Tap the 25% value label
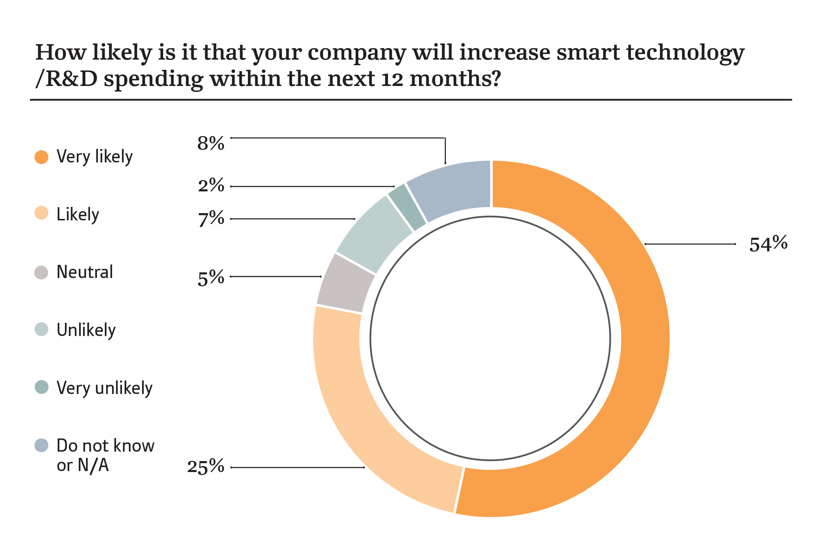click(205, 467)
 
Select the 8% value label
click(211, 143)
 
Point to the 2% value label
click(211, 185)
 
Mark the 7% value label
click(211, 219)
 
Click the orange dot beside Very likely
click(42, 157)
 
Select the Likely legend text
click(77, 215)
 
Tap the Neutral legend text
click(85, 272)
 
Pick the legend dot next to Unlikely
click(42, 329)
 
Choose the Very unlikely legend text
click(104, 388)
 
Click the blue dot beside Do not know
click(42, 445)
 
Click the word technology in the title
click(685, 53)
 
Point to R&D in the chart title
click(72, 79)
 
